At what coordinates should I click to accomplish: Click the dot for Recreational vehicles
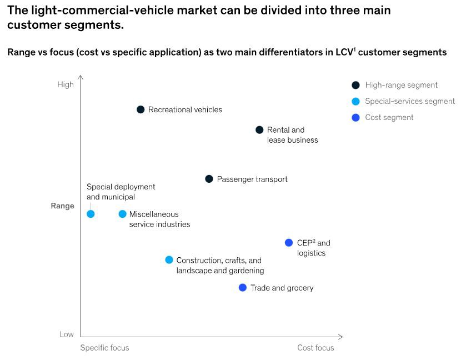click(141, 109)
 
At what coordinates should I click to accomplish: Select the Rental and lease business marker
click(259, 130)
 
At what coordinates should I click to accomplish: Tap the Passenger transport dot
click(209, 179)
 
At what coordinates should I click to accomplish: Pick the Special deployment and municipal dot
click(91, 214)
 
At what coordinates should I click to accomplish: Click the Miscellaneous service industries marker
click(123, 214)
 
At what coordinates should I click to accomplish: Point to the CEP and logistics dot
click(289, 243)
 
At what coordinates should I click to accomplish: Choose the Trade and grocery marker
click(243, 288)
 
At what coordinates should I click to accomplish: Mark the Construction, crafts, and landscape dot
click(169, 260)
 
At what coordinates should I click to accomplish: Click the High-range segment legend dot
click(356, 85)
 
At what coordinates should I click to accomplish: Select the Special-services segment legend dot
click(356, 101)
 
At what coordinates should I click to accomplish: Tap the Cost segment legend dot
click(356, 118)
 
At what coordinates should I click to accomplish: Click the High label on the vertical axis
click(66, 84)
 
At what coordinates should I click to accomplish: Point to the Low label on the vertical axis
click(67, 334)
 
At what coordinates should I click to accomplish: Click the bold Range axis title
click(62, 206)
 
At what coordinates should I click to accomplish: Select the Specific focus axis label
click(104, 348)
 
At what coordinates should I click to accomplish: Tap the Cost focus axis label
click(315, 348)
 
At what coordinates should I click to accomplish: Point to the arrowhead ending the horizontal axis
click(341, 337)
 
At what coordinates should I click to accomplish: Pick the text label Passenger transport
click(252, 179)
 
